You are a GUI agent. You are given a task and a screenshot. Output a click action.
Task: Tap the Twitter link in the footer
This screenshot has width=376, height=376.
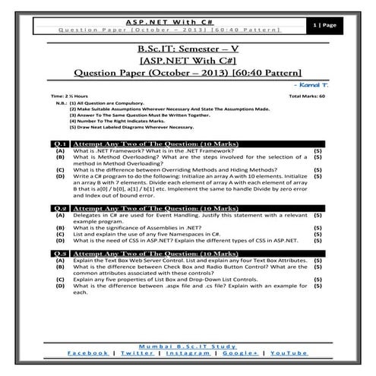[x=137, y=353]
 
